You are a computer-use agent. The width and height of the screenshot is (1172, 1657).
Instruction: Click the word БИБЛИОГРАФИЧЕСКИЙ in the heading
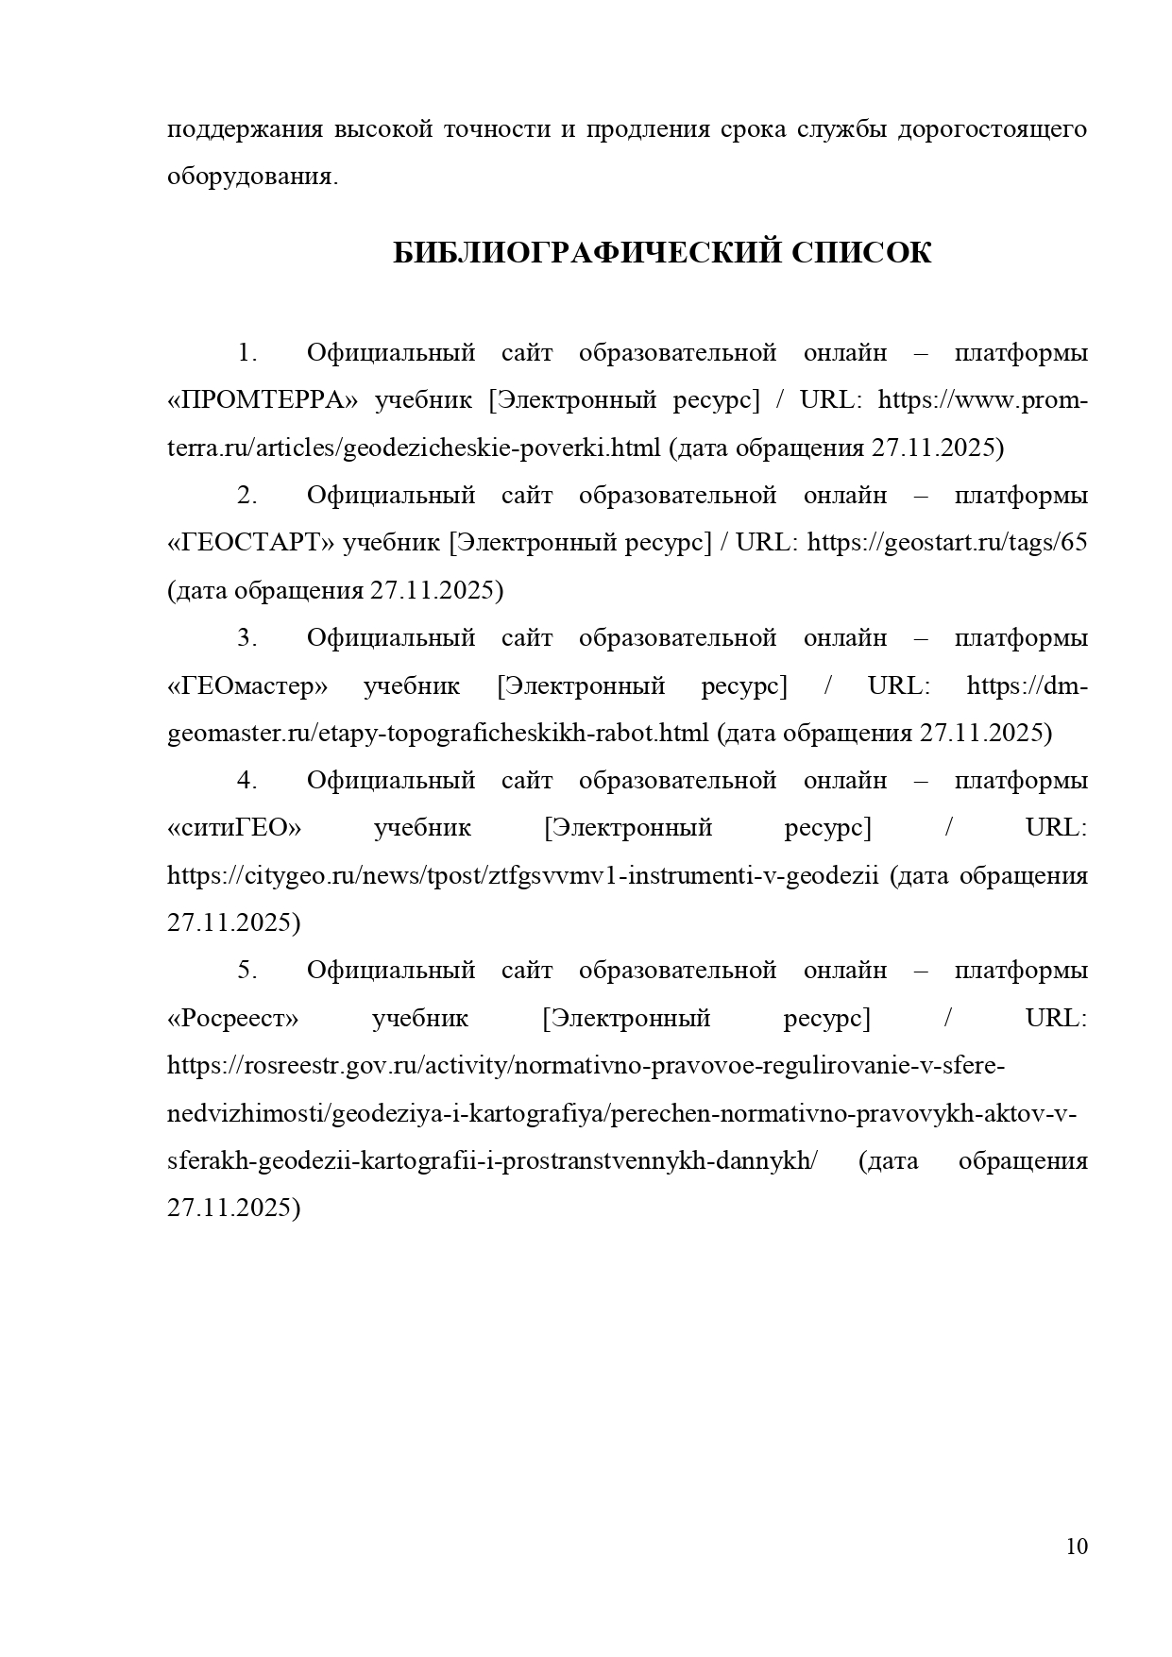click(x=586, y=253)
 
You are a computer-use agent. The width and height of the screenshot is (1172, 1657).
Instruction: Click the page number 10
click(x=1077, y=1547)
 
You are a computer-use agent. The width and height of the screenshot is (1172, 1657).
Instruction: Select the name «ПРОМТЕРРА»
click(x=263, y=400)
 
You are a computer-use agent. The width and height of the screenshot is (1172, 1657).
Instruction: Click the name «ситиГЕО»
click(x=234, y=828)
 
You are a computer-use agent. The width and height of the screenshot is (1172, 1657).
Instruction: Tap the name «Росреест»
click(x=232, y=1018)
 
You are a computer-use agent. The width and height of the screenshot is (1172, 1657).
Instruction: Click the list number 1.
click(x=247, y=353)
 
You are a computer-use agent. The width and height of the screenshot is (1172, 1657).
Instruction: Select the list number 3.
click(x=247, y=638)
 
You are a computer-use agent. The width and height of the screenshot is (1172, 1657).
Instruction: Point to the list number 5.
click(x=247, y=971)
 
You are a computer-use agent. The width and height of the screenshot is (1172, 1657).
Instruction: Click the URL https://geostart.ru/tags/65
click(x=947, y=543)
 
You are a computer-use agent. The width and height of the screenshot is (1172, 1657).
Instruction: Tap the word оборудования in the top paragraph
click(x=251, y=177)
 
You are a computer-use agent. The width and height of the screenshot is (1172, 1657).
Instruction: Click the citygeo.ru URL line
click(x=523, y=875)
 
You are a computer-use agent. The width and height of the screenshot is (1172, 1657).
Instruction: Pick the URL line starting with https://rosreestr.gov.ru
click(x=586, y=1066)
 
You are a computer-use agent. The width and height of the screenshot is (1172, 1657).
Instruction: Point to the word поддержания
click(x=245, y=129)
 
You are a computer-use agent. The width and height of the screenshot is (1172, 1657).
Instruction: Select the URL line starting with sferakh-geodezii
click(x=492, y=1160)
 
